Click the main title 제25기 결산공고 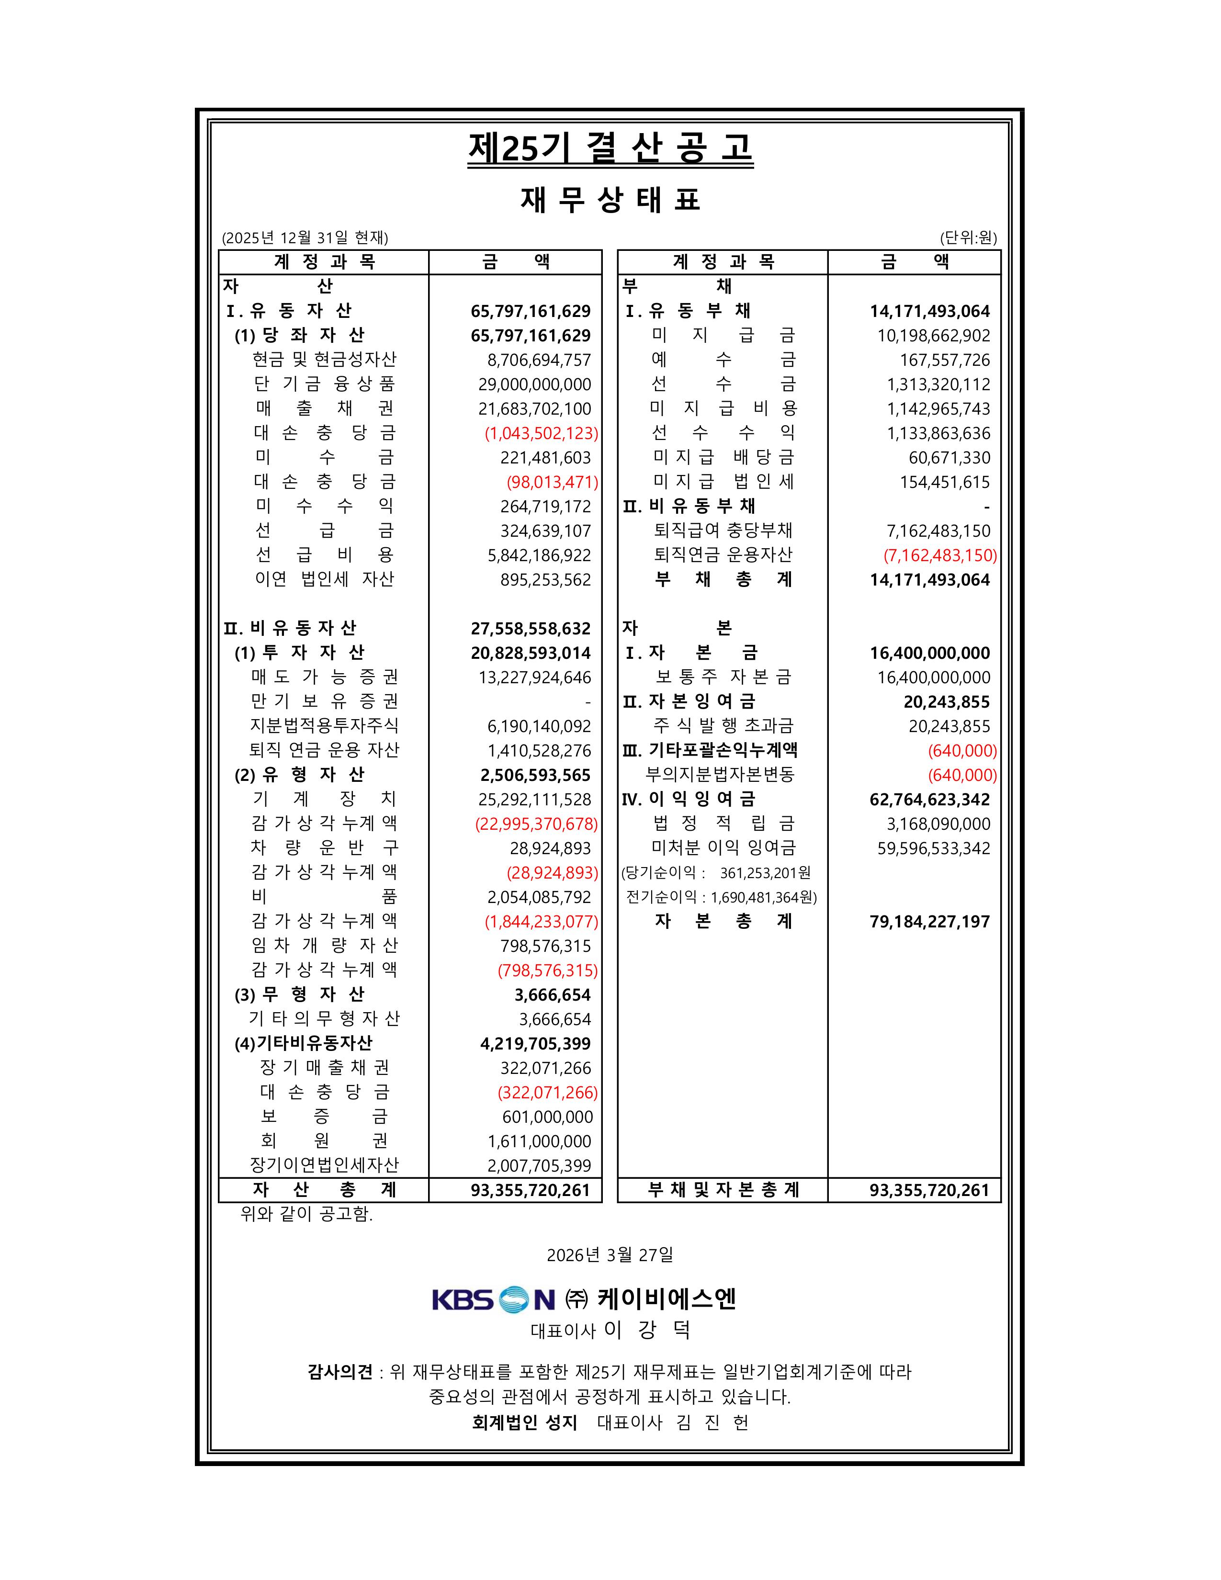(610, 149)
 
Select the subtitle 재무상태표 (610, 200)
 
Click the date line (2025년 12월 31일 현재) (305, 238)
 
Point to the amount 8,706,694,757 (539, 360)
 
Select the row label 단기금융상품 (324, 384)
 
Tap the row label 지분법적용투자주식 (324, 726)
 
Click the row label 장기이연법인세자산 (324, 1165)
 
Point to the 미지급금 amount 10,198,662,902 (934, 336)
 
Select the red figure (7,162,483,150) (939, 555)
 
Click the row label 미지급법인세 (724, 482)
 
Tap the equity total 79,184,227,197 (929, 922)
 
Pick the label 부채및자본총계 (724, 1190)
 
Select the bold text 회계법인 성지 (524, 1423)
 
